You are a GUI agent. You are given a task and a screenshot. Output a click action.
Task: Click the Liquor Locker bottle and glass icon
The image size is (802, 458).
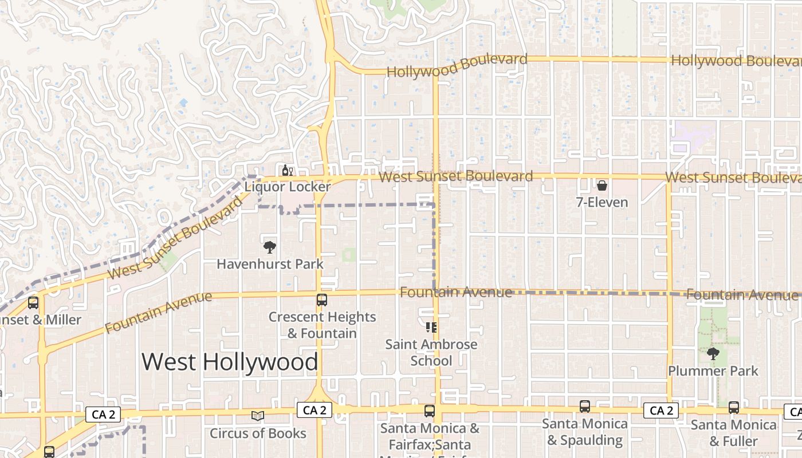tap(287, 170)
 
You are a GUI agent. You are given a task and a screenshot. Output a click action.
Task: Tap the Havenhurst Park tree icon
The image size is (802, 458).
tap(269, 247)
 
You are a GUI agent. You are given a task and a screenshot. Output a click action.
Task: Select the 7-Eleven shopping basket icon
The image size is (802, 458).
tap(602, 185)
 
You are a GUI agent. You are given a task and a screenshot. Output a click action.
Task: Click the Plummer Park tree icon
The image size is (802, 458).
tap(713, 353)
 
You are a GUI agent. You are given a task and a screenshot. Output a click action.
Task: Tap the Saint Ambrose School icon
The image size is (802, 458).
tap(431, 327)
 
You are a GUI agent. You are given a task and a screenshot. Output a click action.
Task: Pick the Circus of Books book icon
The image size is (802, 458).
tap(258, 416)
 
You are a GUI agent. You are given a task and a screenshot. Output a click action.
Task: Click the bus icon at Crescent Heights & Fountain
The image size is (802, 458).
tap(322, 299)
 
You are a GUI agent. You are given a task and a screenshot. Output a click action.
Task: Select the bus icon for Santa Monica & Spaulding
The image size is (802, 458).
tap(584, 406)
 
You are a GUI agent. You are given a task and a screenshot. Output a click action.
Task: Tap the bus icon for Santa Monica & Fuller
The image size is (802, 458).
tap(734, 408)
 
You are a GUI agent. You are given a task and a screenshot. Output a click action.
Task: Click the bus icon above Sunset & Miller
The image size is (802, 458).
tap(33, 303)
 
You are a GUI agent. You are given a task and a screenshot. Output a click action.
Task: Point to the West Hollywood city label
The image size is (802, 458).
tap(230, 362)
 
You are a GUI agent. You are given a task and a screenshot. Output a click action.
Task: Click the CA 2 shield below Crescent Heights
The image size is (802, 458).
tap(314, 410)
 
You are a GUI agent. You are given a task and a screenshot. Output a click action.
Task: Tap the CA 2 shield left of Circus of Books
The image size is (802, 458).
tap(103, 414)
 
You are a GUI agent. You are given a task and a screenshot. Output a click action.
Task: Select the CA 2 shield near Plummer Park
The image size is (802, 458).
tap(661, 410)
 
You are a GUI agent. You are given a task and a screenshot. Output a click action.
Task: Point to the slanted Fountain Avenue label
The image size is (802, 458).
tap(158, 312)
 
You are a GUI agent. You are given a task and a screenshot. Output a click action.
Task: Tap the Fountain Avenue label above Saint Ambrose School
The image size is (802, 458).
tap(456, 293)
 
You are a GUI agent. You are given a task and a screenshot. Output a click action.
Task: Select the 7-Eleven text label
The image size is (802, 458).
tap(603, 203)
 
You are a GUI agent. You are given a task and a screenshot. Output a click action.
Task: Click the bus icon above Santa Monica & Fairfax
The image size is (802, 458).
tap(430, 411)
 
